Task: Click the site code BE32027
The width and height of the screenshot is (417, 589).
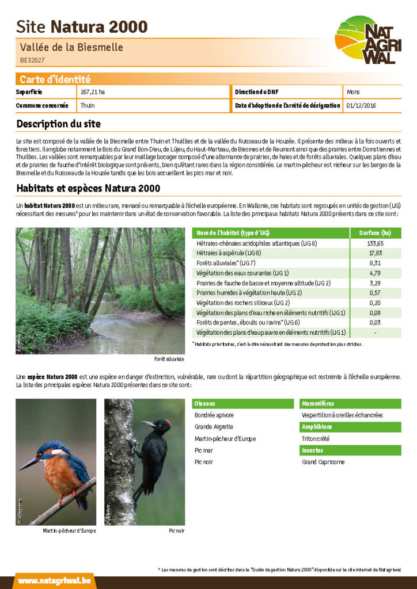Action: coord(32,60)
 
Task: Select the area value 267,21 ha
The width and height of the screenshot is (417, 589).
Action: coord(93,92)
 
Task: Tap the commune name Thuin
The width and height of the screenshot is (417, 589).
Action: coord(88,106)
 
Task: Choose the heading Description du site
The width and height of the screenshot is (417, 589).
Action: coord(58,124)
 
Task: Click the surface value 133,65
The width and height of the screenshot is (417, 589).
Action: coord(376,243)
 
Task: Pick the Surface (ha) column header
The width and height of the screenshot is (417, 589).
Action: coord(375,233)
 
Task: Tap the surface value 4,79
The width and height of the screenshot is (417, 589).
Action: coord(376,273)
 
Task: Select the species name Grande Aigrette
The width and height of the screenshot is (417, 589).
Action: coord(214,427)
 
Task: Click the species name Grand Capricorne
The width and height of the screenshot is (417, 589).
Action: coord(323,462)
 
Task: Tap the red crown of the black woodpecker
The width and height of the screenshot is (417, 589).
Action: coord(166,422)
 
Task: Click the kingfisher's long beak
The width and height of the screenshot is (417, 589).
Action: coord(29,463)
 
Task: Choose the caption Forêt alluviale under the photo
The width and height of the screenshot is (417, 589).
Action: coord(169,359)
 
